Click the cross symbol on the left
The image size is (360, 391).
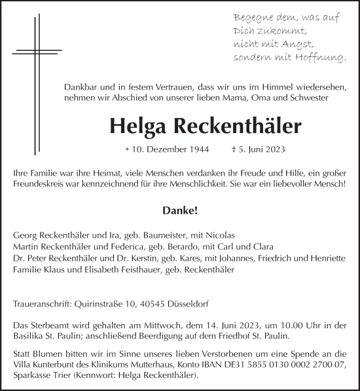pyautogui.click(x=31, y=51)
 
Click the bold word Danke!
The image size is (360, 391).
pyautogui.click(x=180, y=212)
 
